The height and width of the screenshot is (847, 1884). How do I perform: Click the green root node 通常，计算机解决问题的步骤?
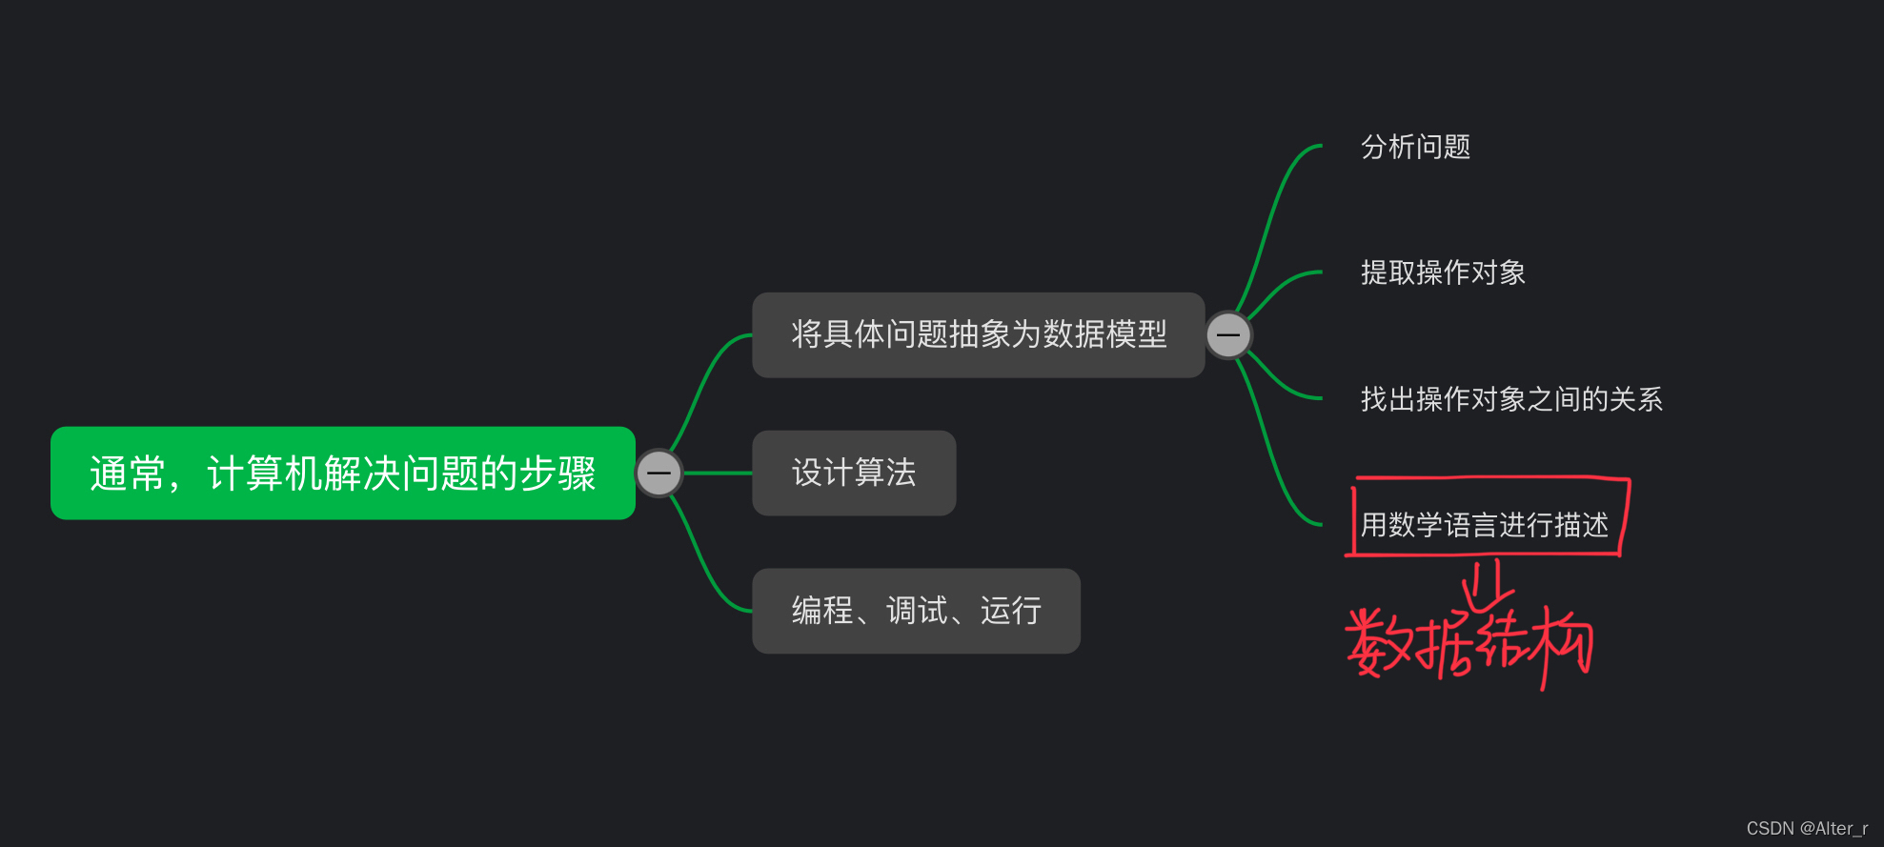(x=342, y=473)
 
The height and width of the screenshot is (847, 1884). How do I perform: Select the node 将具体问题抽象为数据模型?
(x=978, y=334)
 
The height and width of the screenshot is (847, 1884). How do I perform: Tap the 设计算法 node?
(x=854, y=473)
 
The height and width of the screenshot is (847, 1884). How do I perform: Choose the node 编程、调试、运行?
(x=916, y=611)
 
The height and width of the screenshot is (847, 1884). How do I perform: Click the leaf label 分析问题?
(x=1415, y=147)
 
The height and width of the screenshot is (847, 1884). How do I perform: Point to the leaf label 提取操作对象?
(x=1443, y=272)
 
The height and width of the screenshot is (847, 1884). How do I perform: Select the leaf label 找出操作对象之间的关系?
(x=1511, y=398)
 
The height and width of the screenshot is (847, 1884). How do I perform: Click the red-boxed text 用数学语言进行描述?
(x=1484, y=524)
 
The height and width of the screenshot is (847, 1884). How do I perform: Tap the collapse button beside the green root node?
(x=658, y=473)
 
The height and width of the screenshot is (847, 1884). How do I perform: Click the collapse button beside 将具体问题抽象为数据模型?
(x=1228, y=335)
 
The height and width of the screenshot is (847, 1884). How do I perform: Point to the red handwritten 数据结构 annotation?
(x=1468, y=644)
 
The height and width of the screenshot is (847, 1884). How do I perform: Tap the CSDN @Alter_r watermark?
(x=1806, y=828)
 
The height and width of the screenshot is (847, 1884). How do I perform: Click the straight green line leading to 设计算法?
(x=718, y=473)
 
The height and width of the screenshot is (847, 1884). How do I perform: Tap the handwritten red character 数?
(x=1378, y=642)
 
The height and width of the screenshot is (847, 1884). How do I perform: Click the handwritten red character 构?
(x=1558, y=643)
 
